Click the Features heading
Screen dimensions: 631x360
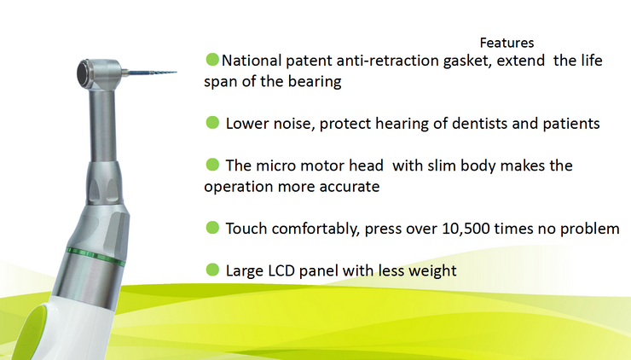coord(507,43)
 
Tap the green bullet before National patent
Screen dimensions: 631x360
coord(212,59)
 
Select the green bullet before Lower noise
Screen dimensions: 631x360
coord(212,122)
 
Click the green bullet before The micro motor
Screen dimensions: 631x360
coord(212,165)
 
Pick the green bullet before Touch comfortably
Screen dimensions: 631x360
coord(212,228)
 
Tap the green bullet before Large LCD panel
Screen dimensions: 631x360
coord(212,270)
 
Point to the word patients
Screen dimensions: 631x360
coord(571,124)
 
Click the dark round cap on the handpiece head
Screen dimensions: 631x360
coord(84,73)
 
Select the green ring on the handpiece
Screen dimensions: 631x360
coord(96,256)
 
